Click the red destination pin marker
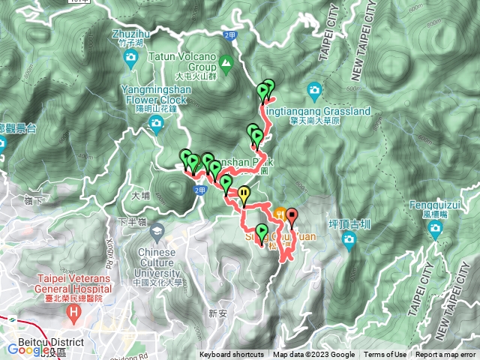(291, 217)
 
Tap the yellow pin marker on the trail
(245, 196)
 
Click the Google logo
(25, 349)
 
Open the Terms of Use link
(385, 355)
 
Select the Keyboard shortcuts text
(232, 355)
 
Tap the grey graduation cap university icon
(157, 229)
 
